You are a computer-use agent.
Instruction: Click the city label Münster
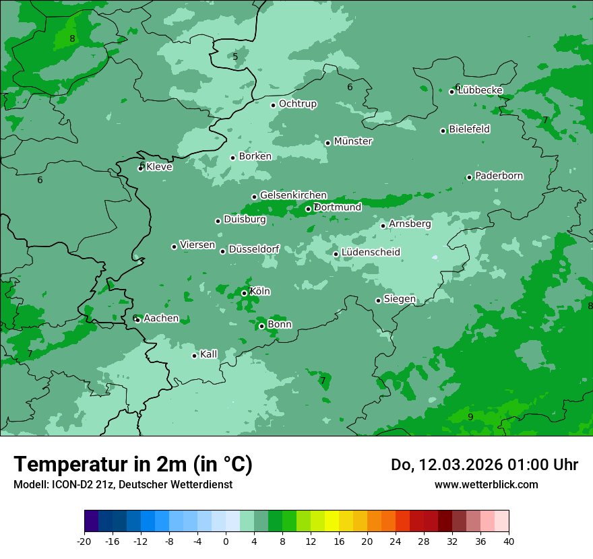pyautogui.click(x=353, y=141)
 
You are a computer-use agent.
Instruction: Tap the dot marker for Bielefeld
pyautogui.click(x=443, y=131)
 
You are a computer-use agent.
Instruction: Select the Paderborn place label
pyautogui.click(x=499, y=176)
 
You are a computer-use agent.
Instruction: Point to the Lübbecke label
pyautogui.click(x=480, y=90)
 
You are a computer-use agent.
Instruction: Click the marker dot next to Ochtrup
pyautogui.click(x=273, y=105)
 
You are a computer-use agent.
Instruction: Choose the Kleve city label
pyautogui.click(x=160, y=167)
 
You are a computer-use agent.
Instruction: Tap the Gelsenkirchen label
pyautogui.click(x=293, y=195)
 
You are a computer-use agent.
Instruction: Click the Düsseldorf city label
pyautogui.click(x=254, y=249)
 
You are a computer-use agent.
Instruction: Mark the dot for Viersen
pyautogui.click(x=174, y=246)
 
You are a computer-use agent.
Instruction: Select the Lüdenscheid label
pyautogui.click(x=371, y=253)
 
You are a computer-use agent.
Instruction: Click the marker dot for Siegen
pyautogui.click(x=378, y=301)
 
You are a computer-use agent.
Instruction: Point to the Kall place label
pyautogui.click(x=209, y=354)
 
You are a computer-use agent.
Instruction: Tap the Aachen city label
pyautogui.click(x=161, y=318)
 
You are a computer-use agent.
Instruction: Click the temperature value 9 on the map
pyautogui.click(x=470, y=417)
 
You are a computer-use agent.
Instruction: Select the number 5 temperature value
pyautogui.click(x=235, y=57)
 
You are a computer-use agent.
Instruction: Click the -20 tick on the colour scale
pyautogui.click(x=84, y=541)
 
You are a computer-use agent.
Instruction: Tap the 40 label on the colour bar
pyautogui.click(x=509, y=541)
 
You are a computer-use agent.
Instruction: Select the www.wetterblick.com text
pyautogui.click(x=486, y=484)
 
